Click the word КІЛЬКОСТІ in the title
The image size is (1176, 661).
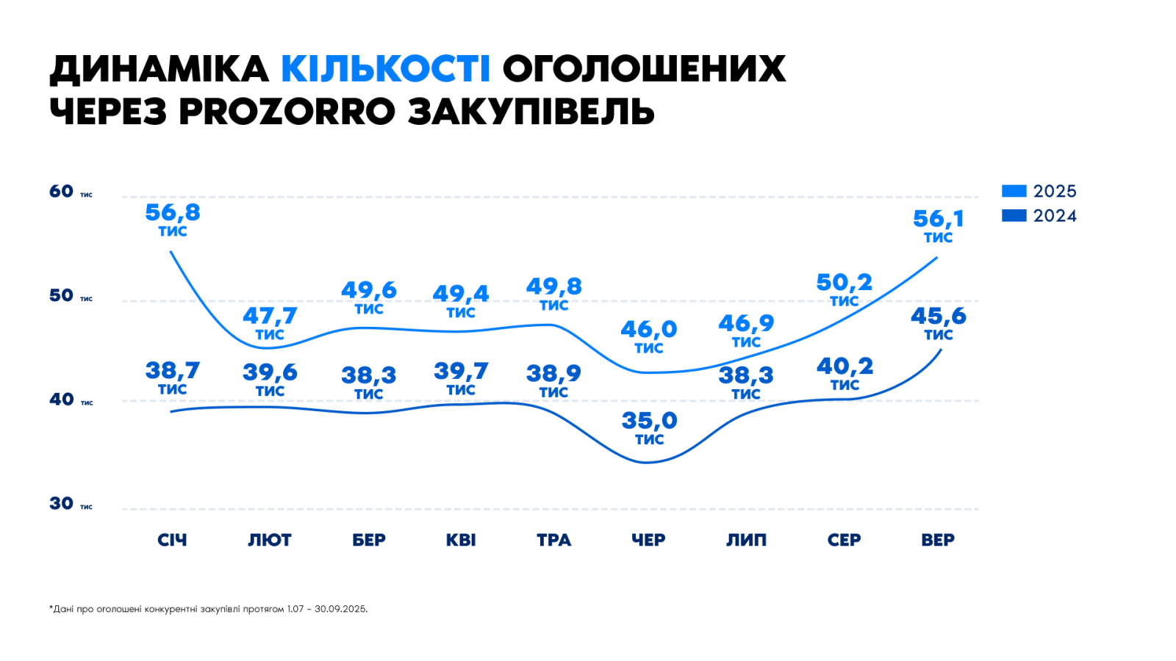pyautogui.click(x=385, y=69)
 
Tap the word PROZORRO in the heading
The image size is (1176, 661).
pyautogui.click(x=287, y=112)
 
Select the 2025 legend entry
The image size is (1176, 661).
pyautogui.click(x=1039, y=191)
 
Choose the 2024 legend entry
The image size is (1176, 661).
pyautogui.click(x=1039, y=216)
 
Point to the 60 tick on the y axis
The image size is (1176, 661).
pyautogui.click(x=62, y=192)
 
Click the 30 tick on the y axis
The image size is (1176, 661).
pyautogui.click(x=62, y=504)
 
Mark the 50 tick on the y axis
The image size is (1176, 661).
pyautogui.click(x=62, y=296)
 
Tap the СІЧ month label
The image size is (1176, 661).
pyautogui.click(x=172, y=541)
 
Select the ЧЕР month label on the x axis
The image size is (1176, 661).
pyautogui.click(x=648, y=541)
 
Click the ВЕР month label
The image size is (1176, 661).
pyautogui.click(x=938, y=541)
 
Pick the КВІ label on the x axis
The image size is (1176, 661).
pyautogui.click(x=461, y=541)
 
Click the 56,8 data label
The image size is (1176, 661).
pyautogui.click(x=173, y=213)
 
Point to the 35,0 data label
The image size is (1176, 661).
pyautogui.click(x=649, y=421)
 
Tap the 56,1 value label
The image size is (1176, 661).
pyautogui.click(x=938, y=219)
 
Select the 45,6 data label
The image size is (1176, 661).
pyautogui.click(x=939, y=317)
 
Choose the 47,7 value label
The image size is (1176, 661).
pyautogui.click(x=270, y=316)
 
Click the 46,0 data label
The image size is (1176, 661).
pyautogui.click(x=648, y=329)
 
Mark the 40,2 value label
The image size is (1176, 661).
pyautogui.click(x=845, y=366)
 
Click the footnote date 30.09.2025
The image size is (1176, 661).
pyautogui.click(x=340, y=609)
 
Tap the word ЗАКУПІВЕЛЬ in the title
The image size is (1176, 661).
pyautogui.click(x=531, y=112)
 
